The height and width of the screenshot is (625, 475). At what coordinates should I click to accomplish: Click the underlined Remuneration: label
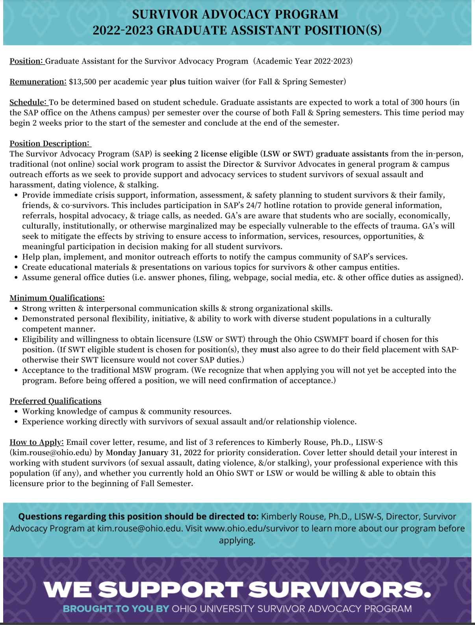point(38,82)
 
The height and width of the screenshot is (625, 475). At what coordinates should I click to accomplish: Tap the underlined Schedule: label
point(28,102)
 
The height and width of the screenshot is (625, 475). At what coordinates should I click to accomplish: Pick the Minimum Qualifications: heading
point(57,298)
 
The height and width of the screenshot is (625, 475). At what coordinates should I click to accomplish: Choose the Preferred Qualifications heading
point(56,401)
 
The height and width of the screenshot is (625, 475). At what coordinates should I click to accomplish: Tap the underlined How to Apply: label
point(37,442)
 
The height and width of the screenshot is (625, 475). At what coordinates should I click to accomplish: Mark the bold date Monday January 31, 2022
point(154,452)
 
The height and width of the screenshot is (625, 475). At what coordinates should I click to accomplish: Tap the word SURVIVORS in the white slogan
point(340,590)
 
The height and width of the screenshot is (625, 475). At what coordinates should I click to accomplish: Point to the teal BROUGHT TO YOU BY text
point(116,608)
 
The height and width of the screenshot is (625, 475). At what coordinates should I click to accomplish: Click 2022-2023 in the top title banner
point(122,30)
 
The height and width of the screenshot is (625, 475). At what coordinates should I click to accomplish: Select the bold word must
point(269,350)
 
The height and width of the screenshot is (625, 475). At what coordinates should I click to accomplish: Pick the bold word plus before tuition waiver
point(177,82)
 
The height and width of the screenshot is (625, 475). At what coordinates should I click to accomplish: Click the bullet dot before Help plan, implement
point(16,257)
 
